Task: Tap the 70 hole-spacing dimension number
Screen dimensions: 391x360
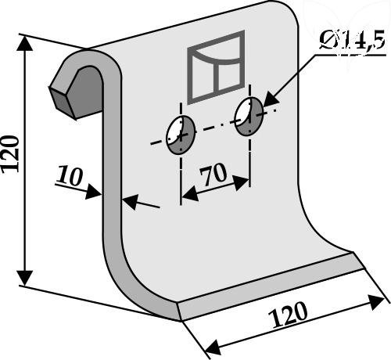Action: coord(213,174)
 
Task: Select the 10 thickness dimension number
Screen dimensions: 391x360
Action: coord(70,176)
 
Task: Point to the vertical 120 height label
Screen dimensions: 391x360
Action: coord(10,154)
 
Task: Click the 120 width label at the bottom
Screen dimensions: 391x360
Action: coord(289,315)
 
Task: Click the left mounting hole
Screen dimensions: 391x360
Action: coord(181,135)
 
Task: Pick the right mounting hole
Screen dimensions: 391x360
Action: coord(249,117)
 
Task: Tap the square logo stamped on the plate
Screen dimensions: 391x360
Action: coord(216,67)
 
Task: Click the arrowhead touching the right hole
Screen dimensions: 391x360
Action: coord(271,100)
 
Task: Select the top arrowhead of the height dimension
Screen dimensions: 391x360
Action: coord(25,42)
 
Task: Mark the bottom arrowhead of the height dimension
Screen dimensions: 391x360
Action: coord(25,278)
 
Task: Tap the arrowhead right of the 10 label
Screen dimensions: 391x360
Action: coord(93,192)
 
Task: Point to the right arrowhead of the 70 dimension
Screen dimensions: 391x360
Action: coord(241,182)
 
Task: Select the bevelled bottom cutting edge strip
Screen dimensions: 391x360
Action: coord(271,286)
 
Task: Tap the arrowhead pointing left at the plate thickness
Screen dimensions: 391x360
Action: coord(130,202)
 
